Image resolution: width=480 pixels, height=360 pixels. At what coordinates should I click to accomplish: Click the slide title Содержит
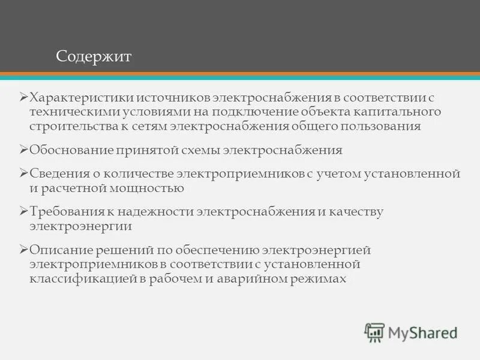coord(94,56)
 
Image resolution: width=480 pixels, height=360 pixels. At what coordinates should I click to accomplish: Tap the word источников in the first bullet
coord(166,97)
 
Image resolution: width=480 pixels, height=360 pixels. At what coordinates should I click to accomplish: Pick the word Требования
coord(64,212)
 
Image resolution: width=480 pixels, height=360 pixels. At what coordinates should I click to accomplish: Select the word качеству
coord(353,212)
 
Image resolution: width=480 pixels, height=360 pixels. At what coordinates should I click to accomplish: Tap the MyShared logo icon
coord(374,332)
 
